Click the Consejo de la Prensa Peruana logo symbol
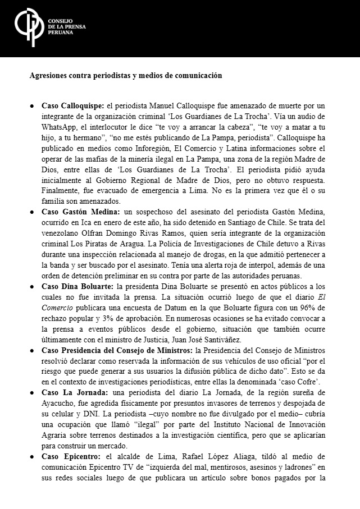tap(27, 27)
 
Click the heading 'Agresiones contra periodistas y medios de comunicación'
tap(126, 75)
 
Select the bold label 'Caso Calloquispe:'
tap(73, 106)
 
